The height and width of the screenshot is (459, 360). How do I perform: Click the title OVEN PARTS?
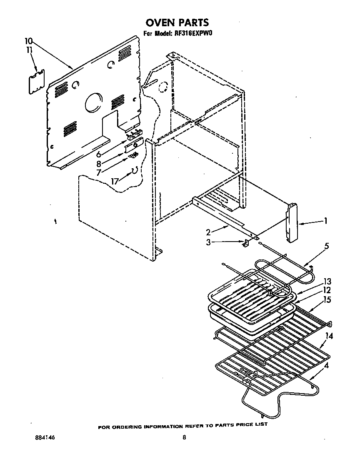[x=177, y=22]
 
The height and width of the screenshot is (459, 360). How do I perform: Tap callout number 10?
[x=28, y=41]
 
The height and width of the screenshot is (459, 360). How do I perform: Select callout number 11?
[x=29, y=50]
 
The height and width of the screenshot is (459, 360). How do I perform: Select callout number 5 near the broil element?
[x=327, y=246]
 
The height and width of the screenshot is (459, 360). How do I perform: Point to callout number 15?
[x=327, y=299]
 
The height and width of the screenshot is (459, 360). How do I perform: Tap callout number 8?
[x=99, y=163]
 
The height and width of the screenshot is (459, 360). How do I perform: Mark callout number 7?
[x=99, y=172]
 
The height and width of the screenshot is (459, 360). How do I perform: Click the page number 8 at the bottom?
[x=184, y=437]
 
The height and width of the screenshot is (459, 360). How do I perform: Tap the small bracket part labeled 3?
[x=246, y=243]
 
